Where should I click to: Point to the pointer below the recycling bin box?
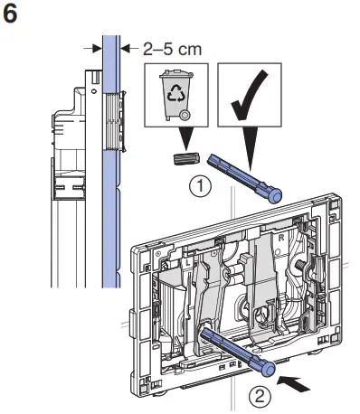tap(185, 139)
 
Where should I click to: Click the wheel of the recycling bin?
tap(185, 116)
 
